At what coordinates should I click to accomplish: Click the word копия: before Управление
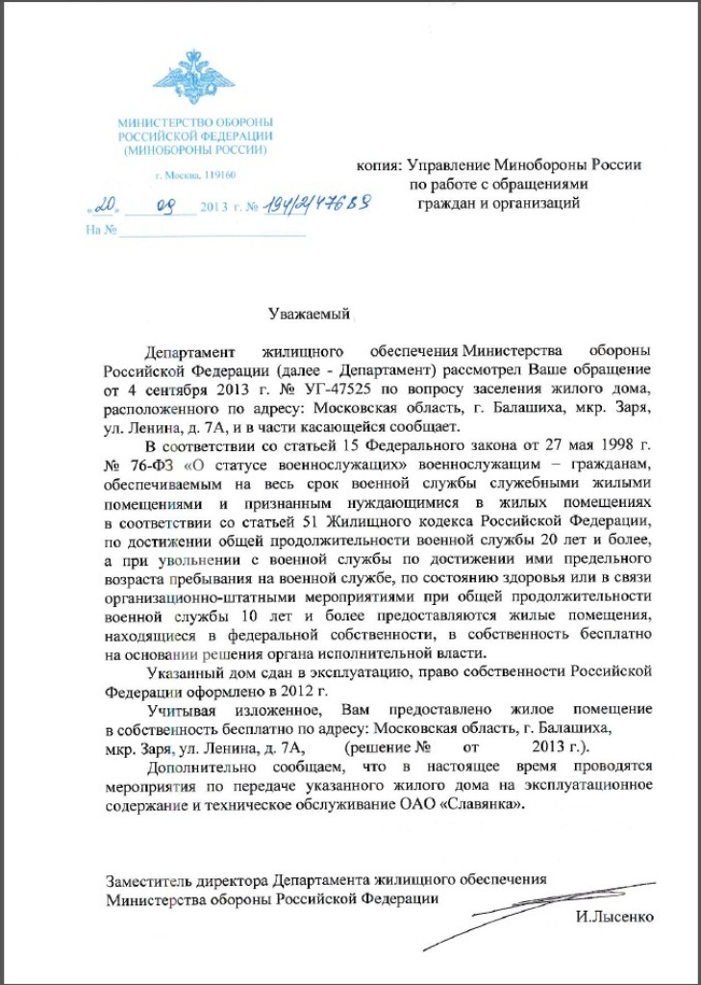click(386, 164)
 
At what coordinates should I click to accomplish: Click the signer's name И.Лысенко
click(616, 918)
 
